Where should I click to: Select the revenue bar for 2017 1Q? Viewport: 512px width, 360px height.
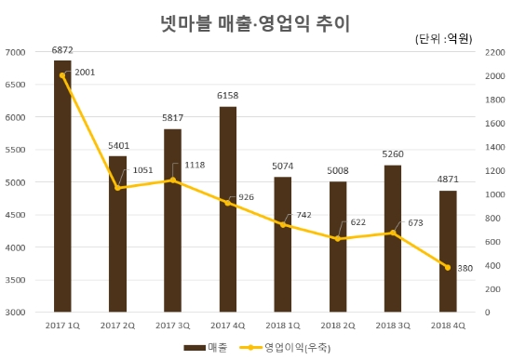(x=62, y=186)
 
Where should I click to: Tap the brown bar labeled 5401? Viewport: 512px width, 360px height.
(x=117, y=233)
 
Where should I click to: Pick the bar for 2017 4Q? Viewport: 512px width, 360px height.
(x=227, y=209)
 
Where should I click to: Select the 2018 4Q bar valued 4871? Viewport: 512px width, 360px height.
(x=448, y=251)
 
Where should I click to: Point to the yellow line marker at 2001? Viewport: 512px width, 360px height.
(x=62, y=75)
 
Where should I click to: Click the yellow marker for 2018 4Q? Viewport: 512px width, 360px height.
(x=448, y=268)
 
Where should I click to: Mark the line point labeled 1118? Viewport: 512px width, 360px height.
(x=172, y=180)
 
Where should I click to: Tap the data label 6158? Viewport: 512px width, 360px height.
(x=227, y=96)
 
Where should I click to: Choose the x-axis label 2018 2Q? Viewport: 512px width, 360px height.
(x=338, y=324)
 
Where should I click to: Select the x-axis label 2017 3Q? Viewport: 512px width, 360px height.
(x=172, y=324)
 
